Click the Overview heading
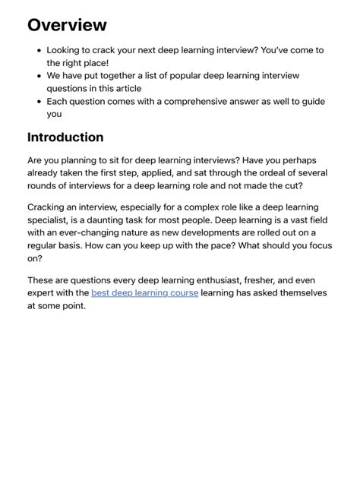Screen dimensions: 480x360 pyautogui.click(x=67, y=25)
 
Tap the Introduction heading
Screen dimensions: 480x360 pyautogui.click(x=65, y=137)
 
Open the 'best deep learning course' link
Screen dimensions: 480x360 pyautogui.click(x=144, y=292)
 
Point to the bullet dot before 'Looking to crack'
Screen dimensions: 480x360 pyautogui.click(x=39, y=50)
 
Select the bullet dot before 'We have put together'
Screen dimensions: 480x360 pyautogui.click(x=39, y=76)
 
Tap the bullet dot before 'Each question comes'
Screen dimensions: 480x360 pyautogui.click(x=39, y=101)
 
